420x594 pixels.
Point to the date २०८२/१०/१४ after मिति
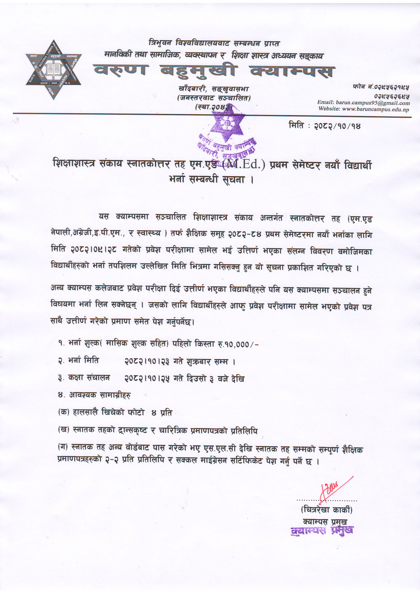337,126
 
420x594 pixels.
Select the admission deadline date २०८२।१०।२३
147,361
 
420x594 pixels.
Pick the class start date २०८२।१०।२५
147,378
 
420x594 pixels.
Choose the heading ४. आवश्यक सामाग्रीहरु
94,395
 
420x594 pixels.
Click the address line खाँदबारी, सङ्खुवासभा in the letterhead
214,89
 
